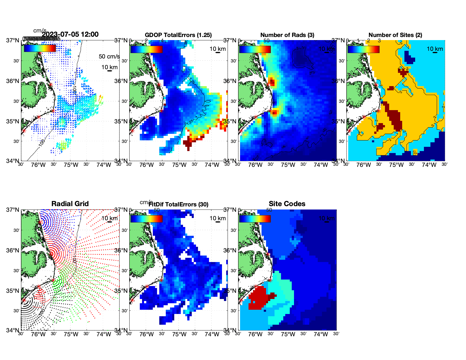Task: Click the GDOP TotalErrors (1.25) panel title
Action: (x=178, y=35)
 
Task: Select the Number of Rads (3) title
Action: (x=287, y=35)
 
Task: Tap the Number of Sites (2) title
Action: (x=395, y=35)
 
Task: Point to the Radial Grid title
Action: (x=70, y=204)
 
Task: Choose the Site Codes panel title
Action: (x=287, y=204)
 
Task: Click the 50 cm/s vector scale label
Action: (x=109, y=56)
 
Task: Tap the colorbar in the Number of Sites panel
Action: (x=363, y=49)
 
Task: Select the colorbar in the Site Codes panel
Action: (x=255, y=219)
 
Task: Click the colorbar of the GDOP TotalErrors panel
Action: (x=146, y=49)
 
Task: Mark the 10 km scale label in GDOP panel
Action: (x=217, y=49)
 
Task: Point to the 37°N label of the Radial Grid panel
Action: (x=13, y=210)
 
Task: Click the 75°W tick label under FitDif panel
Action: (x=179, y=335)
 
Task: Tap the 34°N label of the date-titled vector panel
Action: (x=13, y=161)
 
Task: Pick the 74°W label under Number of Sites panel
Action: (x=429, y=165)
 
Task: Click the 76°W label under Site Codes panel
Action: (x=255, y=335)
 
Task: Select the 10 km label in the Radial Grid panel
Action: (x=109, y=218)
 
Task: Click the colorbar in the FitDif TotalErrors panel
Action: (x=146, y=219)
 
